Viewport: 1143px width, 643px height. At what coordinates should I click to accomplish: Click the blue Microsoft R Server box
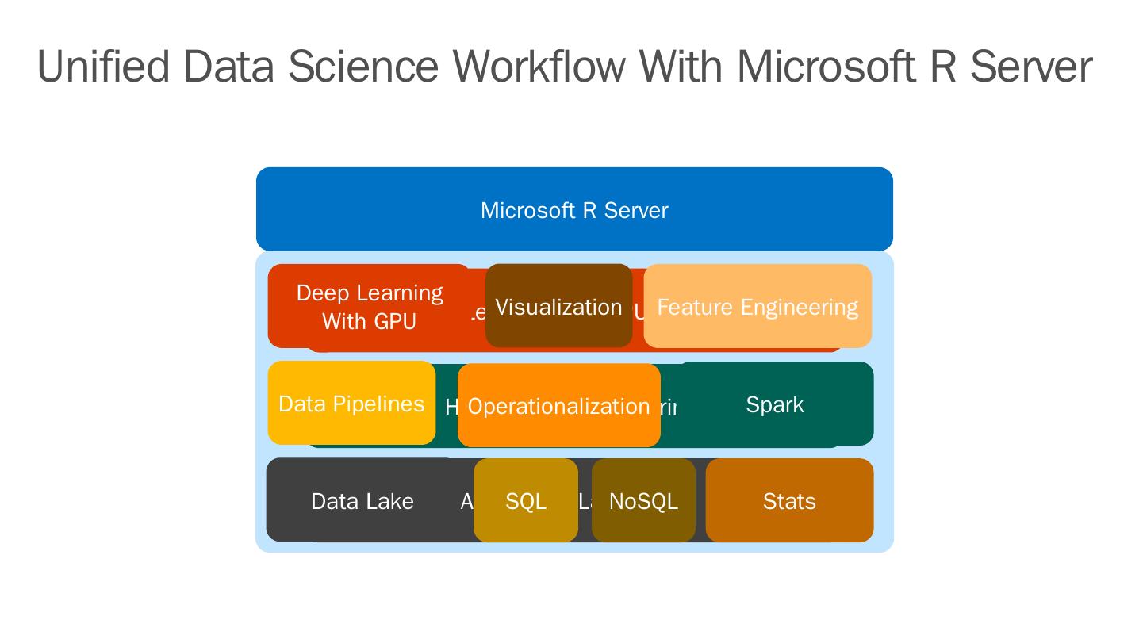click(574, 209)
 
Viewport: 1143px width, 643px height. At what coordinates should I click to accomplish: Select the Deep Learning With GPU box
click(369, 306)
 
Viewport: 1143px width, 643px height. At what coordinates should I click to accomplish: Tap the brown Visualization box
click(558, 306)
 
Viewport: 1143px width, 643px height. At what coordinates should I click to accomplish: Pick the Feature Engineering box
click(758, 306)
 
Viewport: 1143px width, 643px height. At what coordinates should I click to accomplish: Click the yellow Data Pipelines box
click(351, 403)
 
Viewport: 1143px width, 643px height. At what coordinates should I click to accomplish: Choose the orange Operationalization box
click(558, 405)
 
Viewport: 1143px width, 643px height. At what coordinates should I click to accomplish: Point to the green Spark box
click(775, 404)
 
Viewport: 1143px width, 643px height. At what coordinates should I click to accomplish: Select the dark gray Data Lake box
click(362, 500)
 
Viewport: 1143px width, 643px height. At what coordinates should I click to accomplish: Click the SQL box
click(526, 500)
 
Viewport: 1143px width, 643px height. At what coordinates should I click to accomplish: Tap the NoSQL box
click(643, 500)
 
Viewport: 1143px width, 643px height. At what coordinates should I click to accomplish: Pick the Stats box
click(789, 500)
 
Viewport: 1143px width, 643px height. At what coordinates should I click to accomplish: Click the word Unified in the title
click(103, 67)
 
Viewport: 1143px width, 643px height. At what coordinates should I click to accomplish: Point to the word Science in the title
click(362, 67)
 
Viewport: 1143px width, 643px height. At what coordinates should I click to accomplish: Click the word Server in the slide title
click(1031, 67)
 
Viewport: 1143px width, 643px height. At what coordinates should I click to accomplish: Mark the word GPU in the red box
click(393, 321)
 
